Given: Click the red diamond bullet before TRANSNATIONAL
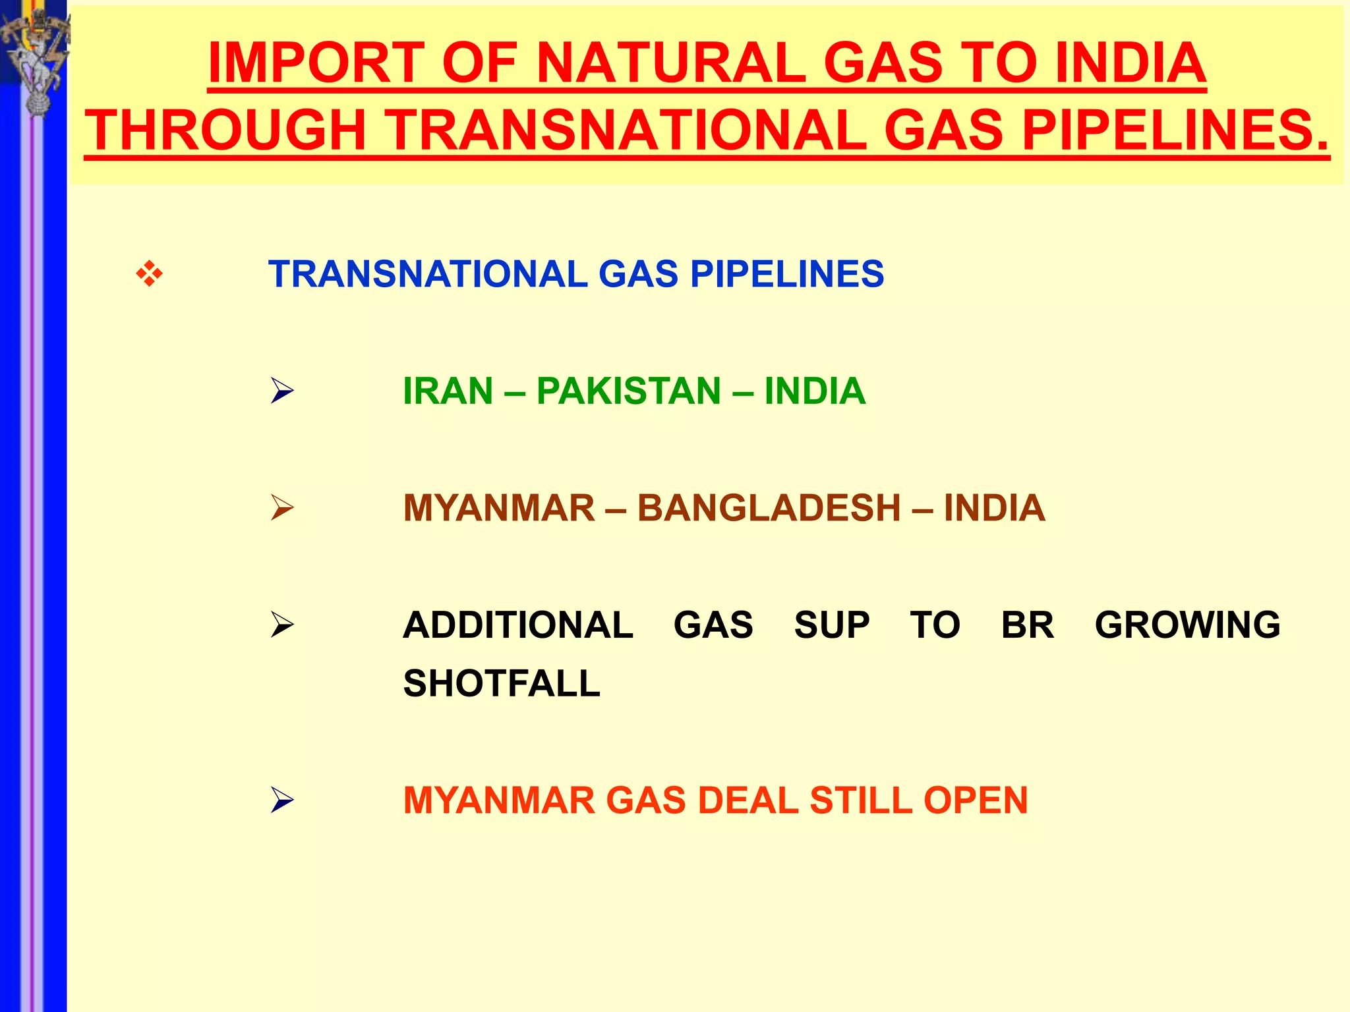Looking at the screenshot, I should click(x=150, y=273).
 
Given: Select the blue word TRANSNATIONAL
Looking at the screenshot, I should click(x=427, y=273).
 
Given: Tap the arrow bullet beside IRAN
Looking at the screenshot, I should click(x=282, y=391).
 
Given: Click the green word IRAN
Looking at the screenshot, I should click(x=448, y=391).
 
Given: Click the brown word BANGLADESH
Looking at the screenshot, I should click(x=769, y=508).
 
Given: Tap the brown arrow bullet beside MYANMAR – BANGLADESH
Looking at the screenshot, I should click(x=282, y=508).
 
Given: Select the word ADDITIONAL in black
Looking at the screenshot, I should click(x=518, y=625).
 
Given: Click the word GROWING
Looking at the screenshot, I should click(x=1187, y=625).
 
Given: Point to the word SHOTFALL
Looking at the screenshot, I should click(x=502, y=683).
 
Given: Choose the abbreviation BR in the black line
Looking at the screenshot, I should click(x=1027, y=625).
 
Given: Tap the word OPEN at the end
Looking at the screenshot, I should click(x=975, y=801).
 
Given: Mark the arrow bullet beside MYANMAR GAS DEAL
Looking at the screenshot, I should click(x=282, y=801).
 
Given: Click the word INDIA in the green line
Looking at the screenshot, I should click(x=815, y=391).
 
